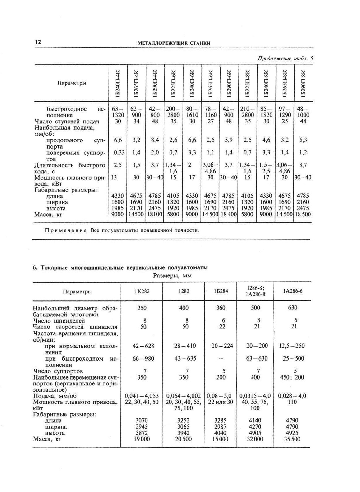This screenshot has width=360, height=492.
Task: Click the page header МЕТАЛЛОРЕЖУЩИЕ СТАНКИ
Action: [x=174, y=43]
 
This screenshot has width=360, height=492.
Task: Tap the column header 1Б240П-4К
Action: [x=118, y=83]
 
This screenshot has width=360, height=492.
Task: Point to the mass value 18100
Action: [x=155, y=214]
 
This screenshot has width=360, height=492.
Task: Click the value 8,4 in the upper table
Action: [x=155, y=140]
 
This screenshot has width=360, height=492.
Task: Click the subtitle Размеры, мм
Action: [x=172, y=275]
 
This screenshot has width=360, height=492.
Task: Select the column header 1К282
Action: [x=142, y=291]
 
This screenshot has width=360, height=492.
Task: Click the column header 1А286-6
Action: [x=292, y=291]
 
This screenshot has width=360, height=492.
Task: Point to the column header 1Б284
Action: [x=221, y=291]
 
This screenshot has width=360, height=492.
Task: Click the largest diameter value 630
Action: [x=292, y=308]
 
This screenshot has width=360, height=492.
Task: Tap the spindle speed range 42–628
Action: [x=143, y=346]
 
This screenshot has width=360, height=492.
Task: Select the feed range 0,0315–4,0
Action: [x=255, y=396]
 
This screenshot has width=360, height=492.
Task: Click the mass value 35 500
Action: [x=292, y=439]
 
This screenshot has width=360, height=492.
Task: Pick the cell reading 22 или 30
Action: [x=221, y=402]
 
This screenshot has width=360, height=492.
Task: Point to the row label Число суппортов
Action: [x=58, y=371]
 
